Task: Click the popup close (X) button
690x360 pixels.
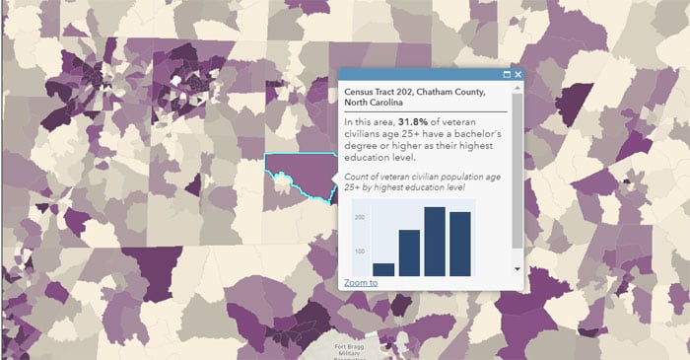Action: (x=517, y=75)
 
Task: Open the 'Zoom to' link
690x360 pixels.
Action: (x=361, y=283)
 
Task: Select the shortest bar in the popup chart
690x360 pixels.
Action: (x=383, y=268)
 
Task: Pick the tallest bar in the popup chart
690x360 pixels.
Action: (x=435, y=241)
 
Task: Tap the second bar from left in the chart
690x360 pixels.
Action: (x=409, y=252)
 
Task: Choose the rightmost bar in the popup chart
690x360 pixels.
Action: (x=460, y=243)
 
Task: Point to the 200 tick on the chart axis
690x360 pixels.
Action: (x=360, y=217)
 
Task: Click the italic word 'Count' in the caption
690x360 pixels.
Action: (x=356, y=175)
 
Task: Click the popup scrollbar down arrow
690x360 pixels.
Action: (x=517, y=268)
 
